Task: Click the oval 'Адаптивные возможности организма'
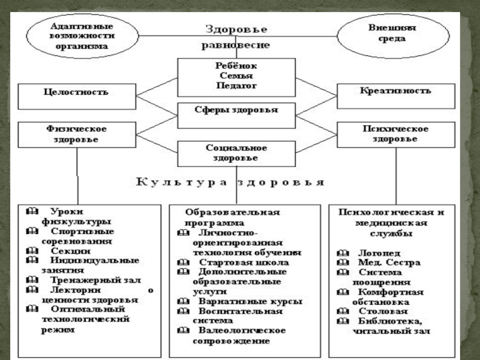coord(74,35)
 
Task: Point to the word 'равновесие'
coord(236,45)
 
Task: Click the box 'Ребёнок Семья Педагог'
coord(236,76)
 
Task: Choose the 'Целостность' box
coord(76,92)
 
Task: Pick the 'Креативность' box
coord(396,92)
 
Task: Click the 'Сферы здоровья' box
coord(236,111)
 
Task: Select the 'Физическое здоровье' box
coord(76,134)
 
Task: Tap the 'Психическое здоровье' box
coord(396,134)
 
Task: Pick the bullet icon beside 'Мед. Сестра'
coord(342,263)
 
